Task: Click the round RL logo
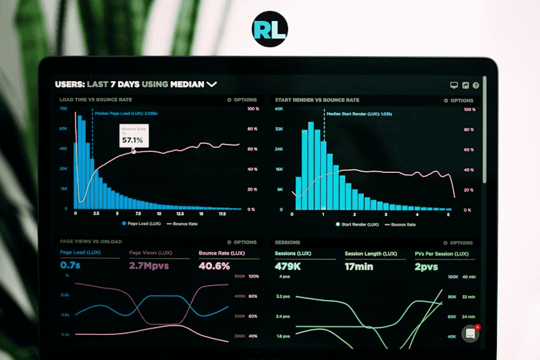pyautogui.click(x=269, y=29)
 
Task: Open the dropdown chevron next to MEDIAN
pyautogui.click(x=212, y=84)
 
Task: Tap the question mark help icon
pyautogui.click(x=476, y=86)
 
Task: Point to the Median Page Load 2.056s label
pyautogui.click(x=126, y=114)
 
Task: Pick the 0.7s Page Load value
pyautogui.click(x=70, y=265)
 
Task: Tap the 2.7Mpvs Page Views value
pyautogui.click(x=148, y=265)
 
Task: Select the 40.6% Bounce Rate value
pyautogui.click(x=214, y=265)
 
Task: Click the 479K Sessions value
pyautogui.click(x=288, y=265)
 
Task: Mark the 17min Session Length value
pyautogui.click(x=359, y=265)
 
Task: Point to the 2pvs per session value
pyautogui.click(x=427, y=265)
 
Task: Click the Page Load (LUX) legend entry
pyautogui.click(x=141, y=223)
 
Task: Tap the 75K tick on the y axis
pyautogui.click(x=63, y=108)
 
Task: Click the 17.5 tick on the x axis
pyautogui.click(x=221, y=213)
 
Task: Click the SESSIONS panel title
pyautogui.click(x=288, y=242)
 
